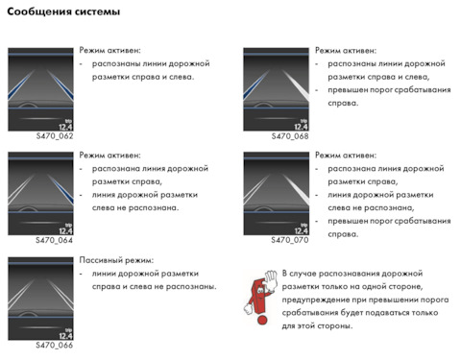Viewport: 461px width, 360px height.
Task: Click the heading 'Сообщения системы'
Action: tap(63, 12)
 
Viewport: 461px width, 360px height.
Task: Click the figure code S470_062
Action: tap(55, 136)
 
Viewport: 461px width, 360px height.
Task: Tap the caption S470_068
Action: tap(290, 136)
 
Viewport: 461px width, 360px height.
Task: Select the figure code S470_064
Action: tap(54, 240)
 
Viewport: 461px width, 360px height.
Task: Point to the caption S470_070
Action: tap(290, 240)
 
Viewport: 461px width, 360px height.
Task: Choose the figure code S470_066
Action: tap(54, 345)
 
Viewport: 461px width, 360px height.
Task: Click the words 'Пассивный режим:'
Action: tap(116, 260)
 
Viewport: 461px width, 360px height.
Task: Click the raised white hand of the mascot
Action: tap(271, 280)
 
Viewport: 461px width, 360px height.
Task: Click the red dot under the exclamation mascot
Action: tap(262, 320)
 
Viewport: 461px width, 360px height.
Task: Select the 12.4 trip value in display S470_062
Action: tap(65, 127)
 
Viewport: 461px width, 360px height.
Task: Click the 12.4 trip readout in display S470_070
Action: tap(302, 230)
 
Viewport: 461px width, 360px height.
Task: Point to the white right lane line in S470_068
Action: tap(296, 84)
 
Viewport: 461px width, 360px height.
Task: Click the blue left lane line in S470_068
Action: tap(256, 84)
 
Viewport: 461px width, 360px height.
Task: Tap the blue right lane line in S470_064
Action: tap(61, 189)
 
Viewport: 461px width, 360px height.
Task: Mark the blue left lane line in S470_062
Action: tap(20, 84)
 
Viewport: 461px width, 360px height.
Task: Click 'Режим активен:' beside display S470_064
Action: tap(109, 156)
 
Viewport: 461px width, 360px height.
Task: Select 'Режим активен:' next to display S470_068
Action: tap(346, 51)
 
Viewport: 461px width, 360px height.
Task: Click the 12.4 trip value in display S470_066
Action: tap(65, 336)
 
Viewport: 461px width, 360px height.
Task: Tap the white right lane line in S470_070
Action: tap(296, 189)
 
